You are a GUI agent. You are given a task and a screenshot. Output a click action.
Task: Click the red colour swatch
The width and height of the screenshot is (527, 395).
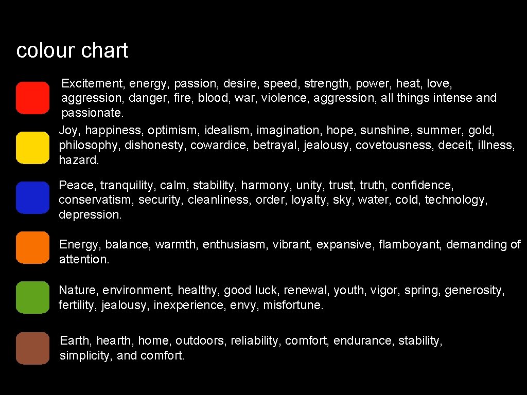(x=32, y=98)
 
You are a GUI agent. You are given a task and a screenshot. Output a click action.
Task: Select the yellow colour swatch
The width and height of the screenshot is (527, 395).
(x=32, y=148)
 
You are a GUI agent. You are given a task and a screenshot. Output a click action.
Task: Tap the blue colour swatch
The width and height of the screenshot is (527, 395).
(x=32, y=197)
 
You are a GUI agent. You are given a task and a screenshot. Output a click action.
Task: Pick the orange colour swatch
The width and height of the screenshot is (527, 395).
(x=32, y=247)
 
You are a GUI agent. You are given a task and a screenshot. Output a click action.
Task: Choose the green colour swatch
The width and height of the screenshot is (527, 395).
(x=32, y=297)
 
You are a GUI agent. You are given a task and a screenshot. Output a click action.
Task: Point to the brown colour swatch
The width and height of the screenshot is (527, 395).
(x=32, y=348)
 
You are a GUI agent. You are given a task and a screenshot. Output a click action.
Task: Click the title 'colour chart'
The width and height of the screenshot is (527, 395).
(x=72, y=51)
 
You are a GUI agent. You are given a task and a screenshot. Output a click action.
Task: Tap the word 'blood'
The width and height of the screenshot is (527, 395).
(x=214, y=98)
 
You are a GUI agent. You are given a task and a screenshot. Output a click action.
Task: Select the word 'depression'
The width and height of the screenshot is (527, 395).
(x=90, y=214)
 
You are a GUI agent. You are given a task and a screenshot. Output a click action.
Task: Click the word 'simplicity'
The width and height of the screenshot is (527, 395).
(x=84, y=355)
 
